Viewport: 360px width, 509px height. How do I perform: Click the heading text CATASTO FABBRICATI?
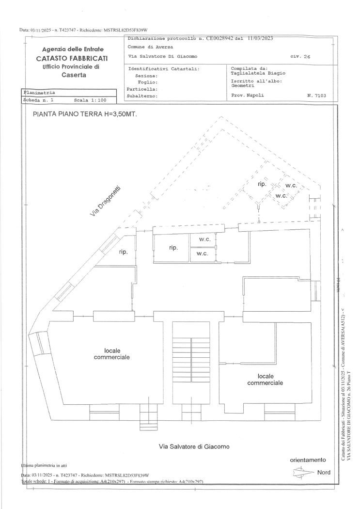click(72, 58)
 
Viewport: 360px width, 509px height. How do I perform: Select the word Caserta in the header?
click(74, 75)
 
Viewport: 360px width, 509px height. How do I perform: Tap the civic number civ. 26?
click(300, 57)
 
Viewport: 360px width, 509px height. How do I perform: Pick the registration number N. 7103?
click(316, 95)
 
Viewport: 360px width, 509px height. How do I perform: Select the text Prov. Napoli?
click(248, 95)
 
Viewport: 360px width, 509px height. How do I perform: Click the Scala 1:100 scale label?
click(90, 100)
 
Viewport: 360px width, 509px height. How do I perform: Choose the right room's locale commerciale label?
click(265, 379)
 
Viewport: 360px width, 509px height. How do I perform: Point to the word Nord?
click(324, 472)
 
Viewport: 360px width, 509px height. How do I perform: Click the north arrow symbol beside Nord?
click(301, 472)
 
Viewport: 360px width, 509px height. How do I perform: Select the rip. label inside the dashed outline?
click(262, 184)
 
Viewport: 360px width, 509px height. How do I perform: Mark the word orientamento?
click(308, 460)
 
